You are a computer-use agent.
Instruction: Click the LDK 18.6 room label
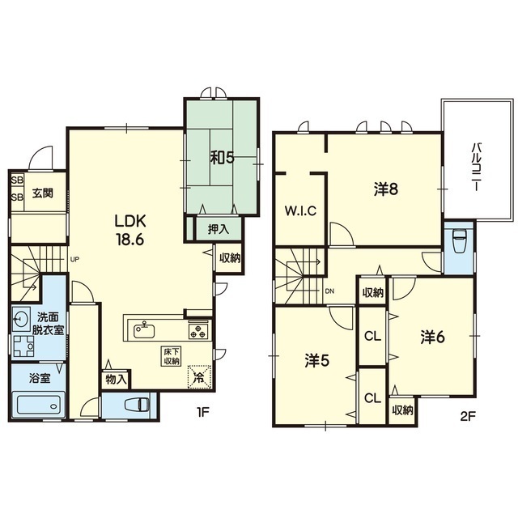pyautogui.click(x=129, y=230)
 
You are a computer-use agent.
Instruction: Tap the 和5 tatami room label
pyautogui.click(x=223, y=159)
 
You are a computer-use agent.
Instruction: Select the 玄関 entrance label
pyautogui.click(x=43, y=193)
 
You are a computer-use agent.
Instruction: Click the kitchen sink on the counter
pyautogui.click(x=144, y=330)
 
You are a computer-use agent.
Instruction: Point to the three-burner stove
pyautogui.click(x=198, y=331)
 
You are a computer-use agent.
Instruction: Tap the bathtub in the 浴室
pyautogui.click(x=38, y=405)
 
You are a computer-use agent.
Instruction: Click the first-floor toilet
pyautogui.click(x=138, y=405)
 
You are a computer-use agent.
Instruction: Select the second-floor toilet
pyautogui.click(x=460, y=241)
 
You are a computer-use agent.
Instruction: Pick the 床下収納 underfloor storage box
pyautogui.click(x=171, y=356)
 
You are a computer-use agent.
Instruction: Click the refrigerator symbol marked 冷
pyautogui.click(x=200, y=376)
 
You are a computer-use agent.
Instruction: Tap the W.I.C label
pyautogui.click(x=300, y=210)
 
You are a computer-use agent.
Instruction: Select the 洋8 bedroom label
pyautogui.click(x=386, y=189)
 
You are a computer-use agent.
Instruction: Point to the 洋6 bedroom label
pyautogui.click(x=433, y=338)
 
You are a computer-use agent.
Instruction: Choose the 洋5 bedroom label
pyautogui.click(x=317, y=362)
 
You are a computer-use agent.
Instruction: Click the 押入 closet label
pyautogui.click(x=219, y=229)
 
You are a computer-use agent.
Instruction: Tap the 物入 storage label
pyautogui.click(x=117, y=380)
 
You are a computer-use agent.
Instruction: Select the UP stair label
pyautogui.click(x=75, y=259)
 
